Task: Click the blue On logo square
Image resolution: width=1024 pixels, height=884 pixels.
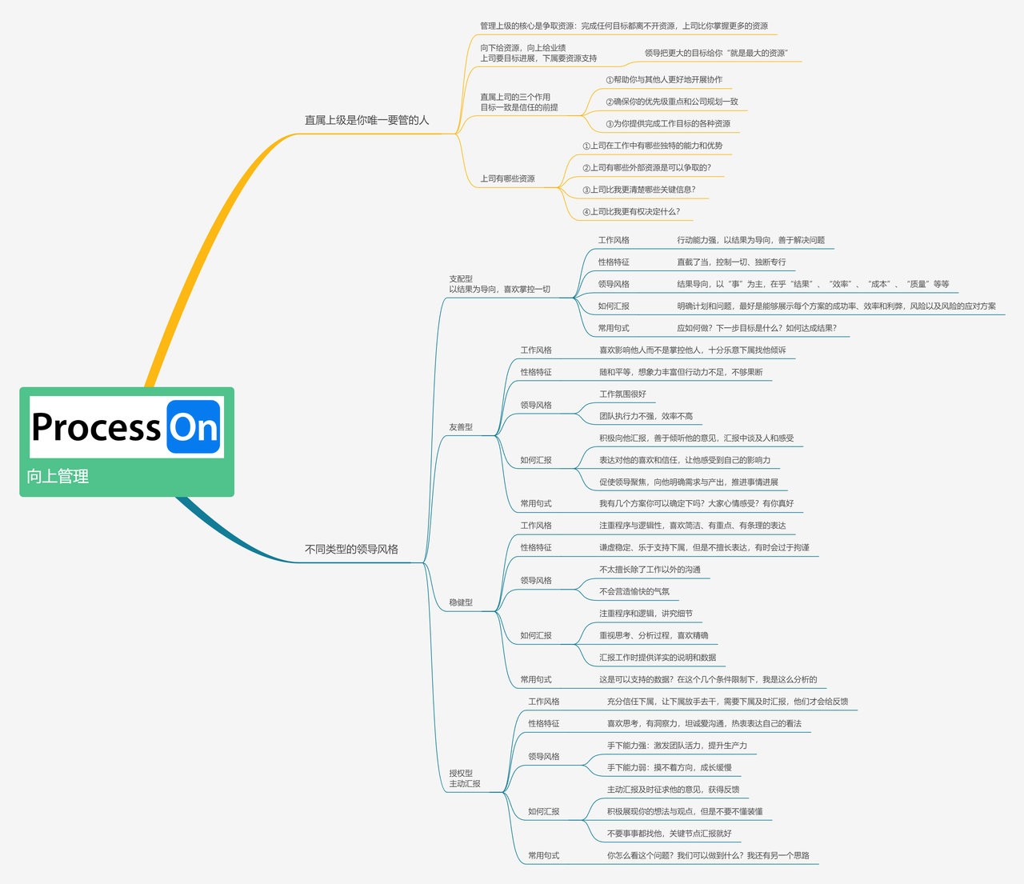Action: (194, 426)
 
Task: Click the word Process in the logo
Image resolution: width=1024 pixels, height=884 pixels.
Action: (96, 427)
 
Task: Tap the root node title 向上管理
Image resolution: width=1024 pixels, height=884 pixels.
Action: (58, 476)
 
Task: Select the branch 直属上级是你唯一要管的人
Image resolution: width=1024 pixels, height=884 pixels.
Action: (366, 121)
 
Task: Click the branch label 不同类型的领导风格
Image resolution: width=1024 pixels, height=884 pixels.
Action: (351, 549)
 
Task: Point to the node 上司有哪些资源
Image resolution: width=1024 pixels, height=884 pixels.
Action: (507, 178)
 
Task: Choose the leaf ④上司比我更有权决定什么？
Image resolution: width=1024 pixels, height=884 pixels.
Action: (632, 211)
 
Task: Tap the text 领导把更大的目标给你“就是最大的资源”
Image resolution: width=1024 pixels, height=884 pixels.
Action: (716, 53)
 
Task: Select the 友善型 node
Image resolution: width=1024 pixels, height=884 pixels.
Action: (461, 427)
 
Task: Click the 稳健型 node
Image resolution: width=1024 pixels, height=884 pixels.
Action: (461, 602)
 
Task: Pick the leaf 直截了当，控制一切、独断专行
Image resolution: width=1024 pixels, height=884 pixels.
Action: (731, 262)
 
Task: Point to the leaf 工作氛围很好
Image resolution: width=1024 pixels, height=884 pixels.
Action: (622, 394)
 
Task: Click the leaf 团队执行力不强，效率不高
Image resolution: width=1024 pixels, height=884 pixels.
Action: (646, 416)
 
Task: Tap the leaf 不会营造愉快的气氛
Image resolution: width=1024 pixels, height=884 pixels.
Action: (634, 592)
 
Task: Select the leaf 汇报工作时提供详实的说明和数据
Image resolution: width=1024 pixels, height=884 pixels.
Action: (658, 658)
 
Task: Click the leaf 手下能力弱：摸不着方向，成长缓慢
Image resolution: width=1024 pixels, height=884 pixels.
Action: (670, 767)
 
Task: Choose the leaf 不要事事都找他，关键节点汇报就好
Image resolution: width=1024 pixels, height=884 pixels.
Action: (670, 834)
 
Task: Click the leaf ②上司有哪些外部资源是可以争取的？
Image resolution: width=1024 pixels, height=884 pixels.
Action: (647, 167)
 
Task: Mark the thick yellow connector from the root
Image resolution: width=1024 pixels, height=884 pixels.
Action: (208, 248)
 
